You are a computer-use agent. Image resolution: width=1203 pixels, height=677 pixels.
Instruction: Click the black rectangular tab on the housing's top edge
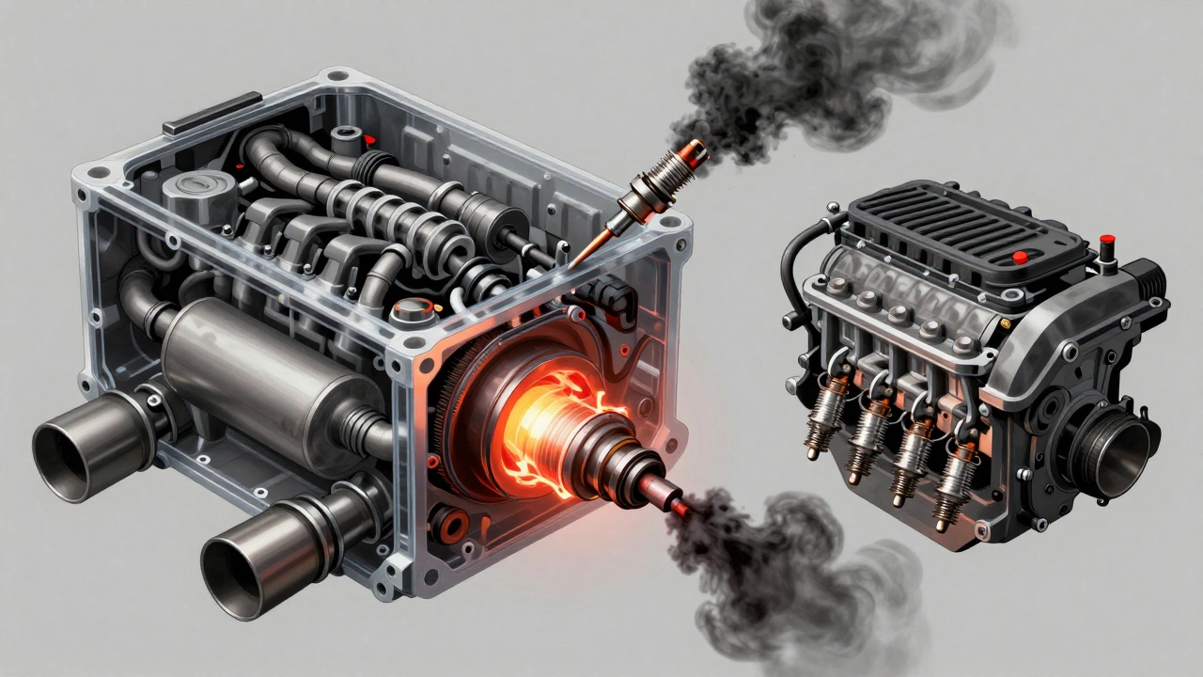[211, 113]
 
